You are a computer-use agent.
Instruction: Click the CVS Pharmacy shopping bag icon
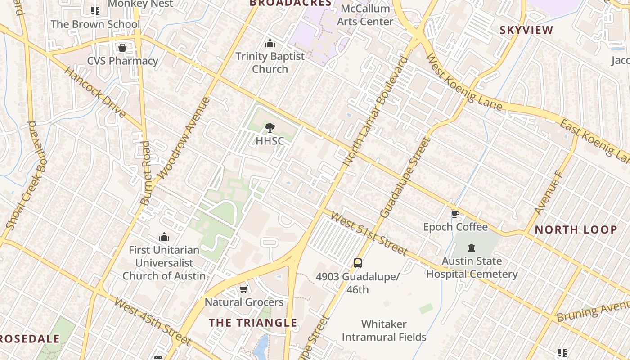click(122, 48)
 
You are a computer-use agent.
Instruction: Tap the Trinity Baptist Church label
click(270, 63)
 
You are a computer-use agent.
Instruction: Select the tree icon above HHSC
click(270, 128)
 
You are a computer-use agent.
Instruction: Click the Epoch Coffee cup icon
click(455, 214)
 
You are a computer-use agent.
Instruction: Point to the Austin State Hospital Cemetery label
click(472, 267)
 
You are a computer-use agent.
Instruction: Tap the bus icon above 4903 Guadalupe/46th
click(357, 263)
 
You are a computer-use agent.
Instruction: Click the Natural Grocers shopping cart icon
click(243, 289)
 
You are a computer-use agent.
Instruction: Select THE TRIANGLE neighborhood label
click(253, 323)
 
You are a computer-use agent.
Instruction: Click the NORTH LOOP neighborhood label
click(576, 230)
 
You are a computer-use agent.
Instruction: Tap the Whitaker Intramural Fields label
click(384, 330)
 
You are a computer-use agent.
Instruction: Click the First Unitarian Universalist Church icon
click(164, 237)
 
